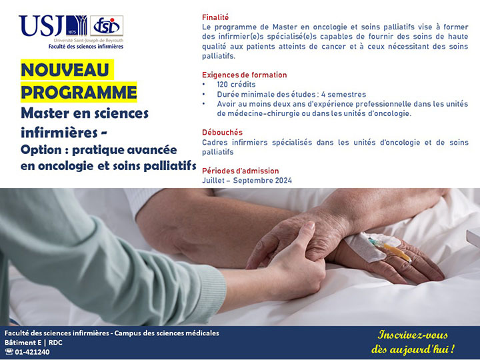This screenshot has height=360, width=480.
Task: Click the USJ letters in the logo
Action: pyautogui.click(x=41, y=26)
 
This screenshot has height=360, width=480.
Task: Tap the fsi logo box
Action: pyautogui.click(x=107, y=26)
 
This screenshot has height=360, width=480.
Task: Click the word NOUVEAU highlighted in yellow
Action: pyautogui.click(x=65, y=70)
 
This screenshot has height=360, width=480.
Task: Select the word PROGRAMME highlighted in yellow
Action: pyautogui.click(x=79, y=92)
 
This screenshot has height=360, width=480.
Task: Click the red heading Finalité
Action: pyautogui.click(x=215, y=17)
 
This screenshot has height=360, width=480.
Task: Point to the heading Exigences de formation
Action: pyautogui.click(x=244, y=75)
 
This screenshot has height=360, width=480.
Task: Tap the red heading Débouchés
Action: pyautogui.click(x=222, y=132)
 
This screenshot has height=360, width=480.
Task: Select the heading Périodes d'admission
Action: pyautogui.click(x=240, y=171)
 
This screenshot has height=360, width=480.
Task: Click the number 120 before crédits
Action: pyautogui.click(x=222, y=85)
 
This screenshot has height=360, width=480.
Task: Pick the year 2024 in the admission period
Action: pyautogui.click(x=283, y=180)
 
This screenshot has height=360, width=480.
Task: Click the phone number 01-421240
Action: pyautogui.click(x=32, y=352)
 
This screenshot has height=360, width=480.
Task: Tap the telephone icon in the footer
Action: pyautogui.click(x=9, y=352)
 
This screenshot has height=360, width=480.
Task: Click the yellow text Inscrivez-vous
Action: pyautogui.click(x=413, y=335)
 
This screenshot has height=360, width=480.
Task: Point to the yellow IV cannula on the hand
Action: pyautogui.click(x=395, y=251)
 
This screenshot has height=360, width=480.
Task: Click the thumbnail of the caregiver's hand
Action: pyautogui.click(x=309, y=226)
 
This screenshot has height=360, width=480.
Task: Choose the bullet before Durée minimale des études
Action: pyautogui.click(x=204, y=94)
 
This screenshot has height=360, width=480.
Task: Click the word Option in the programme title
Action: pyautogui.click(x=41, y=150)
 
